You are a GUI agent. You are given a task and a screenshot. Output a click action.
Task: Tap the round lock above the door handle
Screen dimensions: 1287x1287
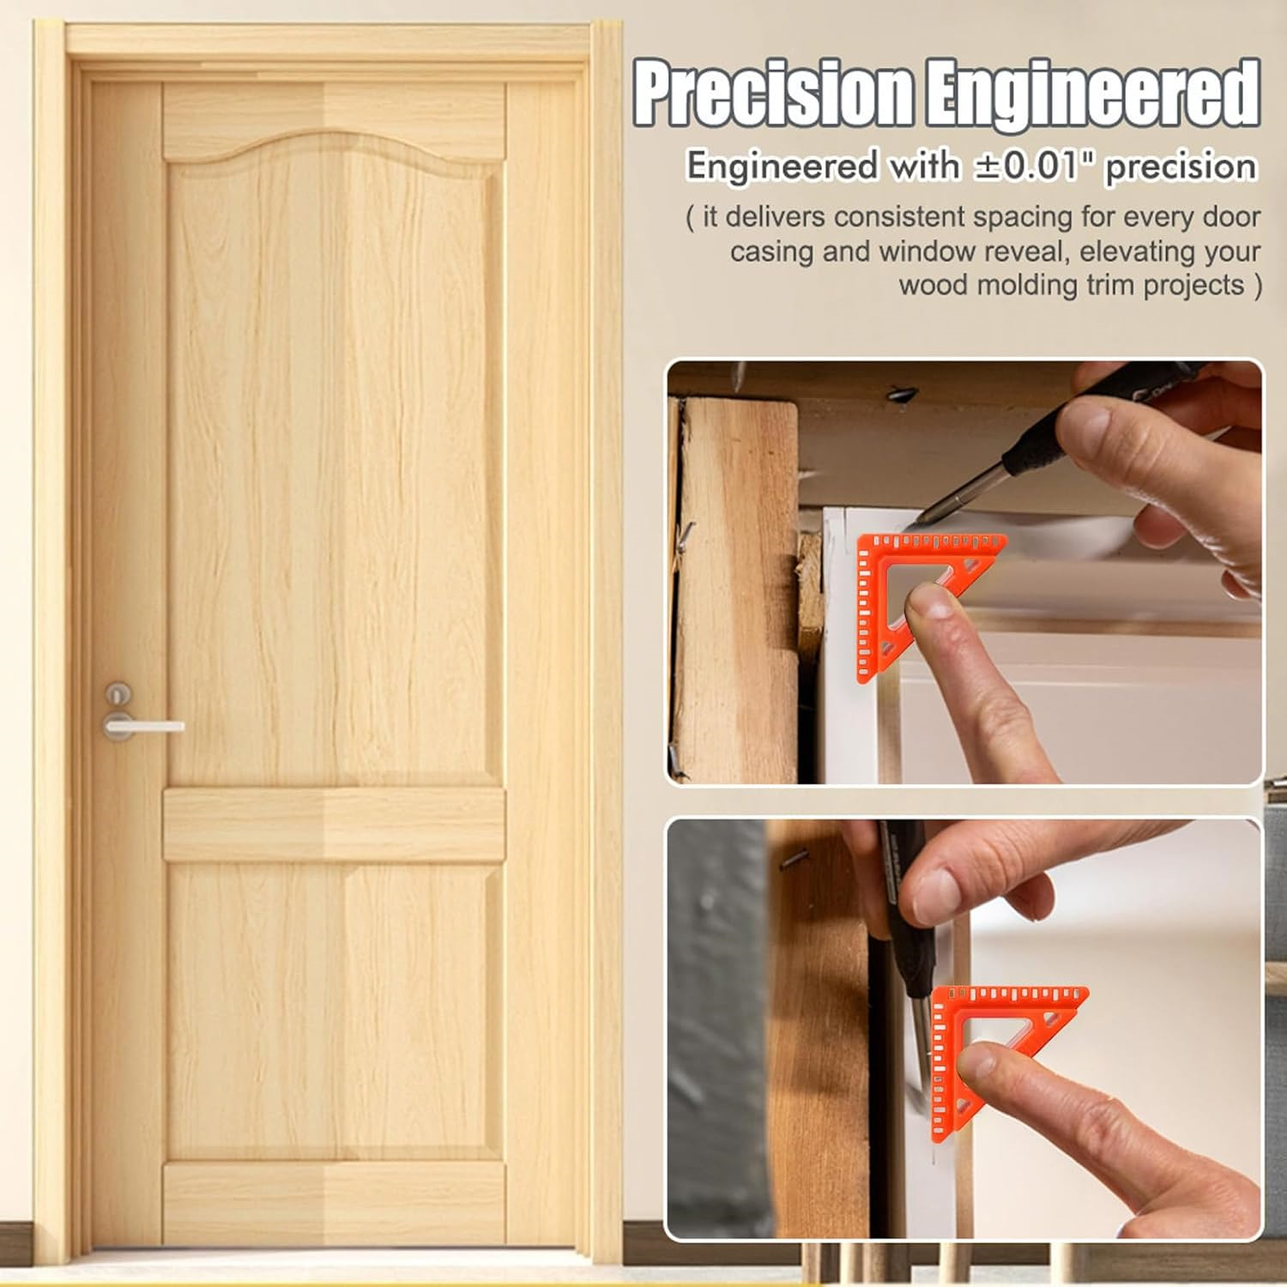pyautogui.click(x=118, y=693)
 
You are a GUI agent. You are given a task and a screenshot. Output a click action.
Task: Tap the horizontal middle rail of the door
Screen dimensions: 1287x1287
pyautogui.click(x=334, y=825)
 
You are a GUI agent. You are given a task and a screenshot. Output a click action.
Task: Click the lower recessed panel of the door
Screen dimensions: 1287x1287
pyautogui.click(x=334, y=1012)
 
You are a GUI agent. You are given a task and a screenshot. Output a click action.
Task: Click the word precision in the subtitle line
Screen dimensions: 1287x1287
pyautogui.click(x=1181, y=166)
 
